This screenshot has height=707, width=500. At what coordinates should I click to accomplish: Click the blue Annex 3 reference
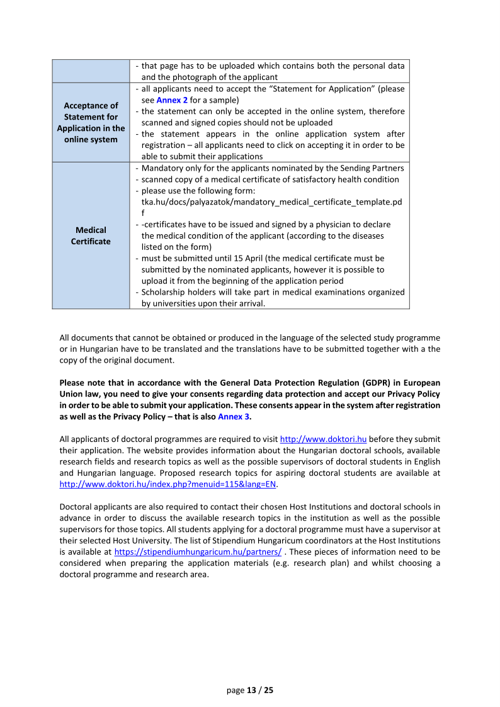234,417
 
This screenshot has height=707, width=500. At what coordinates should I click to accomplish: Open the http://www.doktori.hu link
323,439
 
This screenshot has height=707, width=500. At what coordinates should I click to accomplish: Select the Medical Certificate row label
91,236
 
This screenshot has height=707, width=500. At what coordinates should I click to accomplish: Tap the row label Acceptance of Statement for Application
91,122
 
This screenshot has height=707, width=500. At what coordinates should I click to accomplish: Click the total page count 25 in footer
269,690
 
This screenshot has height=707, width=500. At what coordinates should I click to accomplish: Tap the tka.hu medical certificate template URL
271,202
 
